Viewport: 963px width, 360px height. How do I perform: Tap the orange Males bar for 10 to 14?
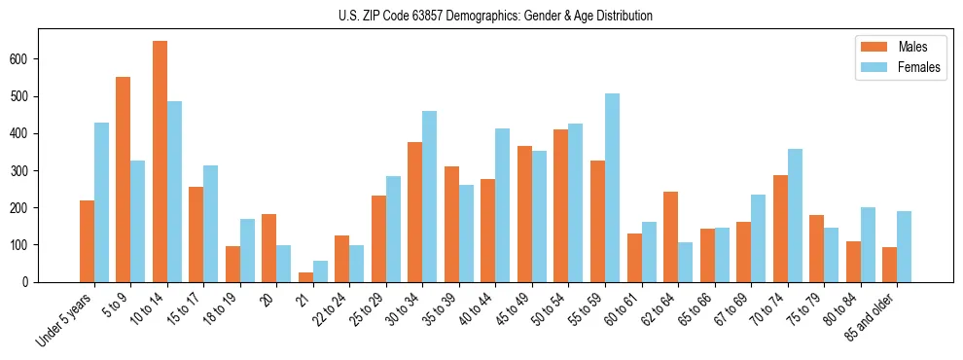160,162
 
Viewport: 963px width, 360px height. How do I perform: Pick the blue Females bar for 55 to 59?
612,188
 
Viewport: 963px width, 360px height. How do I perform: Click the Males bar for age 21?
305,277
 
